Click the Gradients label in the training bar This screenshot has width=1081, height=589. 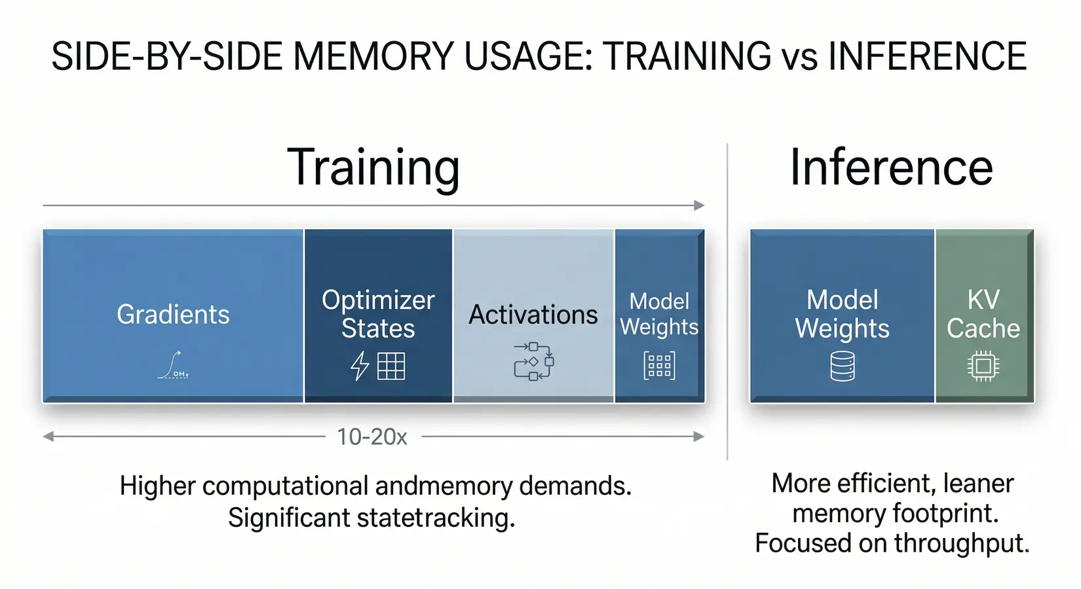(x=173, y=315)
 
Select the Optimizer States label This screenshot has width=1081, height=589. (x=378, y=314)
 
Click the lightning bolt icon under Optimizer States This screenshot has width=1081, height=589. (x=360, y=366)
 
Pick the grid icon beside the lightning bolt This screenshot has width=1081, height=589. (x=391, y=366)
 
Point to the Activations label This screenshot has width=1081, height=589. (x=533, y=315)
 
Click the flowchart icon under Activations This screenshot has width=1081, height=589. (x=533, y=361)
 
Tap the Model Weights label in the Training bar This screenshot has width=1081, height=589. (x=659, y=314)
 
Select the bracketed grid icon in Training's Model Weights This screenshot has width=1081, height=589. (x=659, y=366)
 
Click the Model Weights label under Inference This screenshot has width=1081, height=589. (x=842, y=314)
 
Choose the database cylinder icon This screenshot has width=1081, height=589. (x=843, y=366)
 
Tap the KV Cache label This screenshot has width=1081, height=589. (x=983, y=314)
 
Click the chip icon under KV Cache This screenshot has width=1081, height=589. (x=983, y=366)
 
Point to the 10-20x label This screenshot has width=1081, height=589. (x=372, y=437)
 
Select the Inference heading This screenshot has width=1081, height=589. (x=891, y=168)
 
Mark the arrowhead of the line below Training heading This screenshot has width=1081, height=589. (x=699, y=205)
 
